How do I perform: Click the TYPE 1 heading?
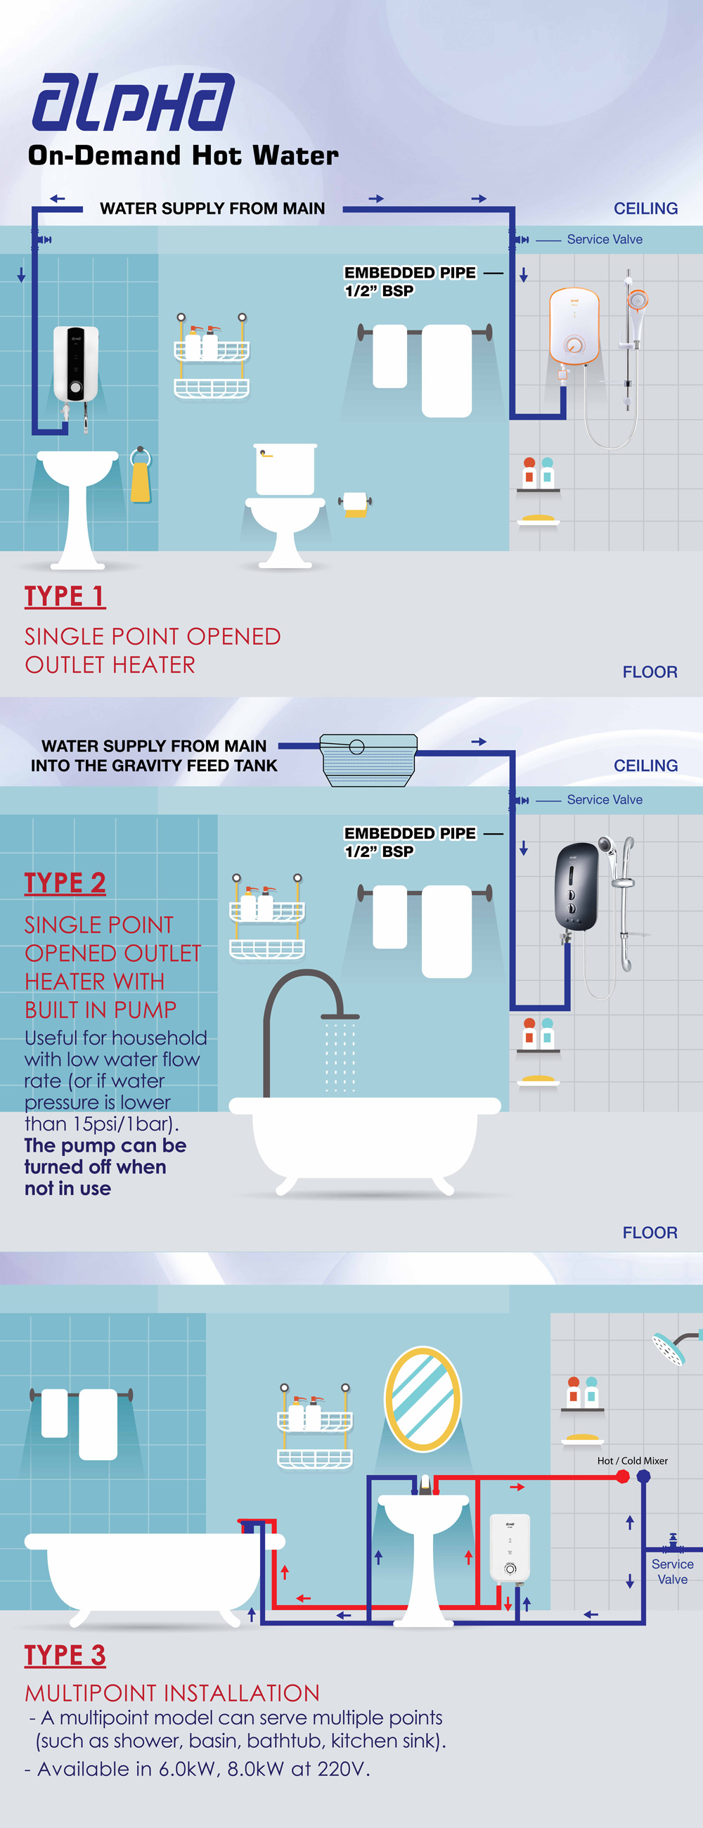[65, 596]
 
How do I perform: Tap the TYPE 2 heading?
[65, 883]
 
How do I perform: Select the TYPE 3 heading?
[65, 1655]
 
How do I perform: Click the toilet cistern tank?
[285, 469]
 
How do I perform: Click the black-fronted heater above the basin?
[76, 364]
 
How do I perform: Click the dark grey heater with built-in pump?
[576, 886]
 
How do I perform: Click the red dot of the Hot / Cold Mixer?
[623, 1476]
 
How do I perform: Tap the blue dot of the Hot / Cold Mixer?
[643, 1476]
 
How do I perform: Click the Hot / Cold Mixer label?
[632, 1460]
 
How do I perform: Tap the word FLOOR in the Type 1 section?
[650, 672]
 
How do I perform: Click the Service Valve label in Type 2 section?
[605, 800]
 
